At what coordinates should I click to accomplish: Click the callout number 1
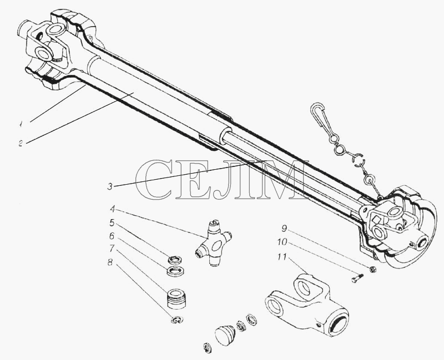(x=21, y=124)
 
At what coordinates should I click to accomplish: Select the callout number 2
(x=21, y=143)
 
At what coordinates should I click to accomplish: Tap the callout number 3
(x=110, y=186)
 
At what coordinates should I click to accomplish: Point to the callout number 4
(x=113, y=210)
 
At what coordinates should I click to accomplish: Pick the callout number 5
(x=112, y=223)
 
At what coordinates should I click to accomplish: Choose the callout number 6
(x=112, y=236)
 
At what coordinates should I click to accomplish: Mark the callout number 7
(x=112, y=249)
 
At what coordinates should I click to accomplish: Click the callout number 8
(x=110, y=262)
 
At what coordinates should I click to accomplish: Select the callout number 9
(x=284, y=228)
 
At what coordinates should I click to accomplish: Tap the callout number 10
(x=282, y=242)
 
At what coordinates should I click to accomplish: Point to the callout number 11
(x=282, y=257)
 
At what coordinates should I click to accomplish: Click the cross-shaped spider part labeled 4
(x=214, y=243)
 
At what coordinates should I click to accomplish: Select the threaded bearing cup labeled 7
(x=176, y=299)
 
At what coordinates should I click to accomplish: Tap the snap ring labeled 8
(x=177, y=320)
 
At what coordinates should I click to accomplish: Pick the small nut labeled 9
(x=373, y=270)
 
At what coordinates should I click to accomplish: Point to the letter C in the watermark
(x=154, y=179)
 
